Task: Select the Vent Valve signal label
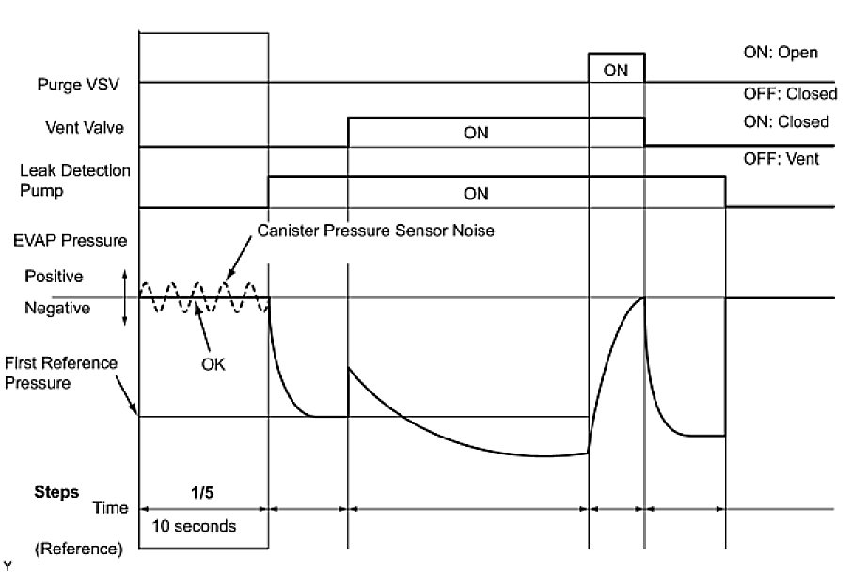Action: [85, 125]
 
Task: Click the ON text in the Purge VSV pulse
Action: [616, 70]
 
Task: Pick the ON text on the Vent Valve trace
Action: [476, 133]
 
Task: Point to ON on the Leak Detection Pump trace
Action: [476, 193]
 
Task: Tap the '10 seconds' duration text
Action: [197, 526]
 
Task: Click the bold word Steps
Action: [56, 492]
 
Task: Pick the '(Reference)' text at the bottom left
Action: [79, 549]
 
